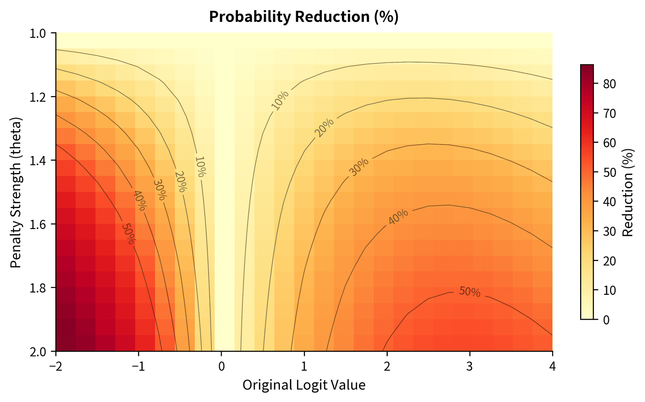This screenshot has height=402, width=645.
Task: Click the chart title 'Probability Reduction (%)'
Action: tap(304, 17)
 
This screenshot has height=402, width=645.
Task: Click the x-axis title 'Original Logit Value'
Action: tap(304, 385)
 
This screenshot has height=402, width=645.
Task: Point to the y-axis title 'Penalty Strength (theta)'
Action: tap(16, 192)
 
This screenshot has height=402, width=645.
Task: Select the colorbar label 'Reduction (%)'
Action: tap(627, 192)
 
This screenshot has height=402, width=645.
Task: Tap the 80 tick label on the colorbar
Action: tap(609, 84)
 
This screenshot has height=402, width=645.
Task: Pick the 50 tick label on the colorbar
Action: tap(609, 172)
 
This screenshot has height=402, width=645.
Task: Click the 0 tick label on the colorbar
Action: tap(606, 320)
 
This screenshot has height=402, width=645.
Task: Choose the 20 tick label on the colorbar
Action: tap(609, 261)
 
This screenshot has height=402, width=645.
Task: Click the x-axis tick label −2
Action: tap(55, 366)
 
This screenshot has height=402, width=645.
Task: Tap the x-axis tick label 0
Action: tap(221, 366)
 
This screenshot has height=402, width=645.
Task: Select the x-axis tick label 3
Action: tap(470, 366)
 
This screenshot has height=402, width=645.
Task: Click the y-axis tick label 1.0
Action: tap(41, 33)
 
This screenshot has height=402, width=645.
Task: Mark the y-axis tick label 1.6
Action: tap(41, 224)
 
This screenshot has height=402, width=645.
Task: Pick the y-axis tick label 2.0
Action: tap(41, 351)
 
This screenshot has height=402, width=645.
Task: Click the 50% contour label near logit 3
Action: tap(470, 292)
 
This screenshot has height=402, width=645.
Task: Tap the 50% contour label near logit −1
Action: tap(128, 234)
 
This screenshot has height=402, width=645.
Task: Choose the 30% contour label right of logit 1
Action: tap(359, 167)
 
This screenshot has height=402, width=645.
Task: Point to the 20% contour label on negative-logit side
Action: tap(180, 181)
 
